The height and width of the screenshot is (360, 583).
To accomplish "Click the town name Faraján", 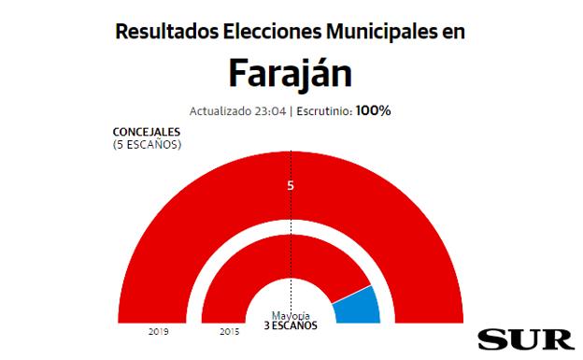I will tap(291, 72).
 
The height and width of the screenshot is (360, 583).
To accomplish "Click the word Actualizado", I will tap(220, 111).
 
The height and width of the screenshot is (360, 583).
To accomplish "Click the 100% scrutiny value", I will tap(373, 111).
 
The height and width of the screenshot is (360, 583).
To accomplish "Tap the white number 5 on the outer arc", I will tap(291, 185).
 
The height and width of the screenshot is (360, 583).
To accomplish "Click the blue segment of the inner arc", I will tap(359, 305).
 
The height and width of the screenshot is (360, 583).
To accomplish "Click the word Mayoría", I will tap(291, 315).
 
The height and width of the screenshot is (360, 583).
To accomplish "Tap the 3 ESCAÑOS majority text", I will tap(291, 325).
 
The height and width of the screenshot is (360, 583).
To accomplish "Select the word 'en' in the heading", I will tap(454, 31).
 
